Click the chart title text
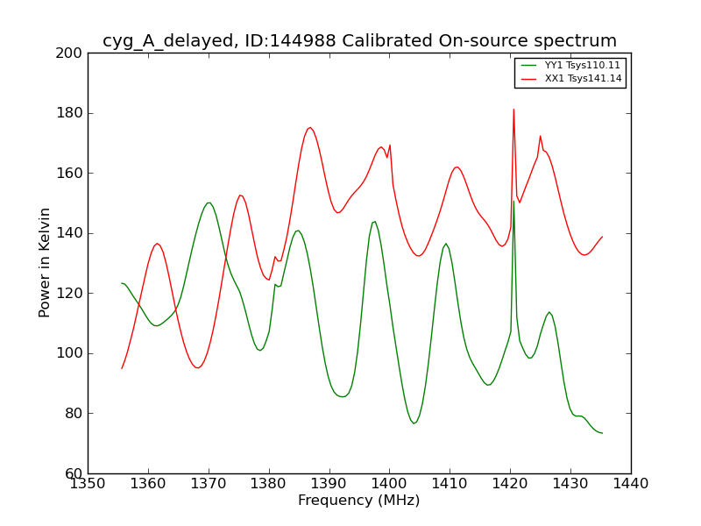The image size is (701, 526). click(359, 41)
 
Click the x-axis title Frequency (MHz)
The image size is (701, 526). click(358, 501)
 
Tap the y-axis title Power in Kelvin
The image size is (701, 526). click(46, 262)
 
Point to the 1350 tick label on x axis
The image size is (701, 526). click(88, 483)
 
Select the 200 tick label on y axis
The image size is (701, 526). click(72, 53)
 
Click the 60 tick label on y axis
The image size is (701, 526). click(75, 473)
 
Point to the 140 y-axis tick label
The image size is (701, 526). click(72, 233)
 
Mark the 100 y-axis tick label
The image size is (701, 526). click(72, 353)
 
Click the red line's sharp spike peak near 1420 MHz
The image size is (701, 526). click(513, 110)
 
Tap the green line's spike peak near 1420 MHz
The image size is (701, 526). click(513, 202)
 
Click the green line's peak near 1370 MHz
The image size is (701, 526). click(209, 203)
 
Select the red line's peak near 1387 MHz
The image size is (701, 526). click(309, 127)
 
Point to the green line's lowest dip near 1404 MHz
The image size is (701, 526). click(414, 423)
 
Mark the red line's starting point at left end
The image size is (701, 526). click(122, 368)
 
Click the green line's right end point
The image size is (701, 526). click(602, 433)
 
